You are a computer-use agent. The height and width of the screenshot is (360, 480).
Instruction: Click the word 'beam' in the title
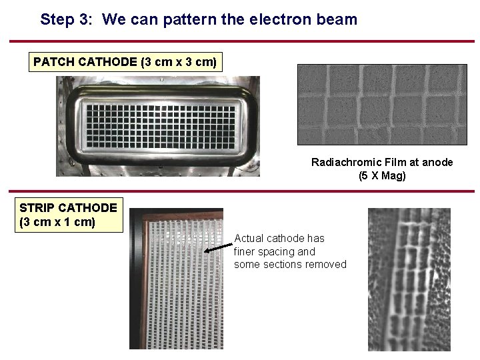pos(338,19)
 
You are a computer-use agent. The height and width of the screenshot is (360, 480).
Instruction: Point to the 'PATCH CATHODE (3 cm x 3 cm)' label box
pos(125,62)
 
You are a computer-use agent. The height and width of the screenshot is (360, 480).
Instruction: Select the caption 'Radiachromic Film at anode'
pos(382,162)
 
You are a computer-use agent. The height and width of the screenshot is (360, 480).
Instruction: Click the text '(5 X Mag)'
pos(382,176)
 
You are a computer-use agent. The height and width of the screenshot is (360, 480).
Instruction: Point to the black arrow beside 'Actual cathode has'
pos(218,245)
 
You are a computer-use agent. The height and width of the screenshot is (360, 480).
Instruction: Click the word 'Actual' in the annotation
pos(249,238)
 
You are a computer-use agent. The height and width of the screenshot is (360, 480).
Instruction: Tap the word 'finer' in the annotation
pos(246,251)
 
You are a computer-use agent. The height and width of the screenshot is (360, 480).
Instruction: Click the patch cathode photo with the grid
pos(158,126)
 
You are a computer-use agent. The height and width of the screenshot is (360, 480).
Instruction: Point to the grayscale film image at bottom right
pos(409,279)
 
